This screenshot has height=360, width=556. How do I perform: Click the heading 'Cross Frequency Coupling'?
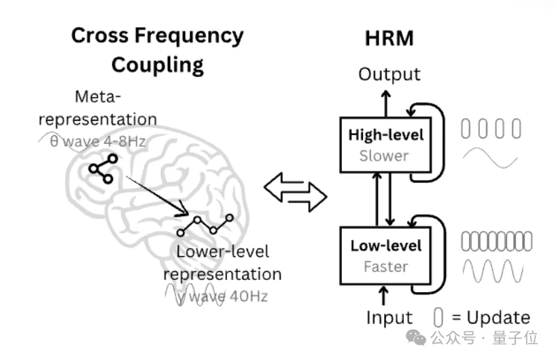click(157, 50)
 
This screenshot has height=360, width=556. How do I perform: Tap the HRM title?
click(389, 37)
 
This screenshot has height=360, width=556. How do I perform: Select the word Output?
click(389, 74)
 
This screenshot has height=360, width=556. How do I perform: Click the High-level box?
click(385, 144)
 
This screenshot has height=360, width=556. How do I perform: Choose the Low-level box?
click(385, 255)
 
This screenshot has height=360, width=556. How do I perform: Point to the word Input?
click(389, 317)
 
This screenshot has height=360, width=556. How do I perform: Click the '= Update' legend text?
click(489, 317)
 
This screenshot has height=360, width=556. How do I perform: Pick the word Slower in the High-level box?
click(385, 156)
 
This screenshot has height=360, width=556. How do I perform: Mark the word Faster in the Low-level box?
click(385, 267)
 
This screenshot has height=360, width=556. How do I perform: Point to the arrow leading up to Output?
click(385, 101)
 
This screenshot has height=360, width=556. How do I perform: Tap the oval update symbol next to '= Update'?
click(438, 317)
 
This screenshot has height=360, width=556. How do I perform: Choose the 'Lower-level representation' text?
click(222, 263)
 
